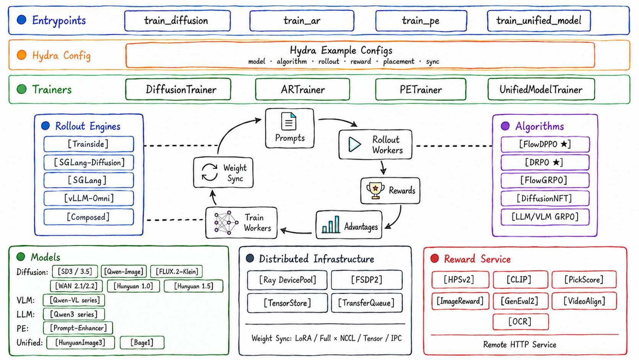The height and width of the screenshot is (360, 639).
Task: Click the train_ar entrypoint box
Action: [302, 21]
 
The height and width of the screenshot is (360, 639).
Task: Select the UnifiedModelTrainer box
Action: [541, 90]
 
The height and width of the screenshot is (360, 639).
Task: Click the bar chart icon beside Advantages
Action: [331, 225]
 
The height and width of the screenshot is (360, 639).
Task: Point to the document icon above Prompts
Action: [289, 121]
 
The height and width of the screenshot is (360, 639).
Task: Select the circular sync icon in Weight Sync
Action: [210, 172]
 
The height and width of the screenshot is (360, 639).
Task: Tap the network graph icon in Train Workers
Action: [226, 223]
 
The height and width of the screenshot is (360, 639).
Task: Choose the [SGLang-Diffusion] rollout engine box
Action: [89, 163]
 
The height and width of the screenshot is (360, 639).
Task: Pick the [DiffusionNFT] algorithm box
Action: [545, 198]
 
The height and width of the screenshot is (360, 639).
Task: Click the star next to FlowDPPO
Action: [564, 144]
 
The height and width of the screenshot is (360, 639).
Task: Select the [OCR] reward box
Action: [520, 322]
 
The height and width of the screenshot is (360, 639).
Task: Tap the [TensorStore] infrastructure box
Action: [287, 303]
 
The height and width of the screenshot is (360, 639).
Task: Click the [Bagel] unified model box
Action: [142, 342]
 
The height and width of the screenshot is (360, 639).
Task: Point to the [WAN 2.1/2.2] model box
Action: [76, 286]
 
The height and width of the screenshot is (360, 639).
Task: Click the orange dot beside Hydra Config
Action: [22, 55]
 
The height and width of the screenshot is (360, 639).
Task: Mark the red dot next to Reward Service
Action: [434, 258]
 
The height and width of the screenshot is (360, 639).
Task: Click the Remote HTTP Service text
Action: [520, 345]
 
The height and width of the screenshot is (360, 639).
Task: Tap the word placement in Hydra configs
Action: [398, 62]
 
